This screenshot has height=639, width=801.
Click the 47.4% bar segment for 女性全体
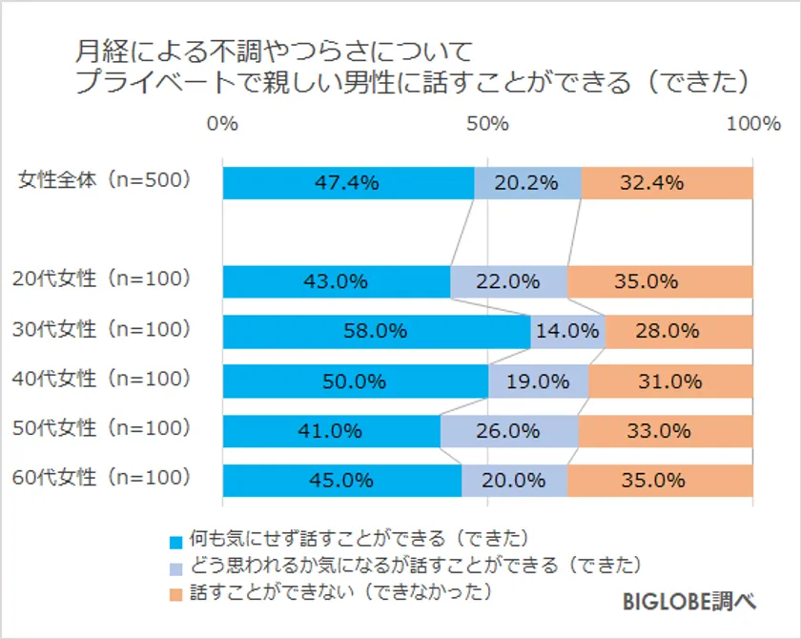coord(348,183)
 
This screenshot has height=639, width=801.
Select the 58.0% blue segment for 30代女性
coord(377,331)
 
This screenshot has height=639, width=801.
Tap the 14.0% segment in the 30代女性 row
coord(567,331)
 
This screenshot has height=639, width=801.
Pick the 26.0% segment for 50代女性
coord(509,430)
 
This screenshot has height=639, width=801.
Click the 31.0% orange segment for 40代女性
coord(670,381)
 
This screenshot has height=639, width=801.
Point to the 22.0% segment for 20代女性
coord(508,282)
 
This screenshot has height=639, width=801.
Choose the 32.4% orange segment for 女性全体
coord(667,183)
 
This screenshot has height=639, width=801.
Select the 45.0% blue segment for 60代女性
coord(341,480)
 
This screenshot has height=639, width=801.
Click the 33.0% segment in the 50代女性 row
coord(665,430)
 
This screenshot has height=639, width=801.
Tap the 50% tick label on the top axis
coord(487,124)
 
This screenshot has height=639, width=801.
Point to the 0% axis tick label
coord(222,124)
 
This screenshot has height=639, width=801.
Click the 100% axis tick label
coord(752,124)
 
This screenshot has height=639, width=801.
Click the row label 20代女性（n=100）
coord(103,279)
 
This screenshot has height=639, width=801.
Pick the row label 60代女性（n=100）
coord(103,477)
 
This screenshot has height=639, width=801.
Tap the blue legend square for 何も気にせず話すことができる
coord(175,543)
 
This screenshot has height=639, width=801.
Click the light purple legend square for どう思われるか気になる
coord(175,568)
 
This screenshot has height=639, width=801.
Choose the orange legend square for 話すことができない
coord(175,594)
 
